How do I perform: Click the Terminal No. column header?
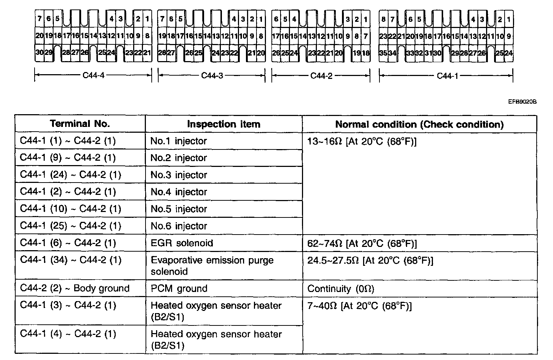[80, 124]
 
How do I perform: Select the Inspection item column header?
[223, 124]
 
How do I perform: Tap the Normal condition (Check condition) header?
[419, 124]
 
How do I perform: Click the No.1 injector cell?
[179, 141]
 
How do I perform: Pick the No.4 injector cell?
[179, 192]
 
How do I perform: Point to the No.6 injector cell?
[179, 226]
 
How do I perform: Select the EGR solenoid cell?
[182, 243]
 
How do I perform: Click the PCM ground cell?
[179, 288]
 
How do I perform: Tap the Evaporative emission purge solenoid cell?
[212, 265]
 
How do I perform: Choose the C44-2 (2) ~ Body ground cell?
[75, 288]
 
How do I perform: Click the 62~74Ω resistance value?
[362, 243]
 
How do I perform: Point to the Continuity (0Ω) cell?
[341, 289]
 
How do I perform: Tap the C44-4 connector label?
[93, 76]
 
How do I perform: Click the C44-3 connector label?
[212, 76]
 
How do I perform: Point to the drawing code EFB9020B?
[522, 102]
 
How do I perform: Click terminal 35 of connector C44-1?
[383, 53]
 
